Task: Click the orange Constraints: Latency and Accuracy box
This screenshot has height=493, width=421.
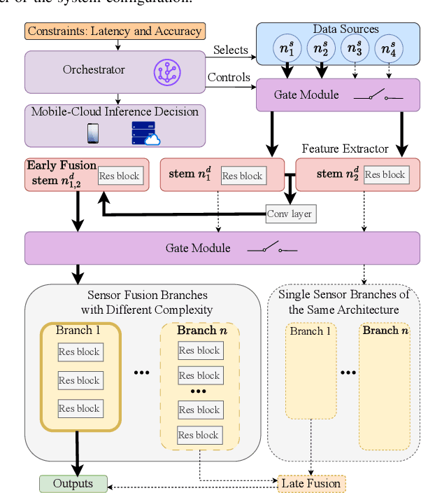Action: tap(115, 31)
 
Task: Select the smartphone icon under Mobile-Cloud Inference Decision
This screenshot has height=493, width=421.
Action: tap(92, 133)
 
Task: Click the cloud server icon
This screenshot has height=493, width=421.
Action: tap(145, 134)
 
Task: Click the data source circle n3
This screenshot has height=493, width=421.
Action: tap(355, 50)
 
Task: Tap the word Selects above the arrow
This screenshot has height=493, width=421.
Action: tap(231, 50)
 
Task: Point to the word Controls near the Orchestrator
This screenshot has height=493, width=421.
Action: tap(229, 77)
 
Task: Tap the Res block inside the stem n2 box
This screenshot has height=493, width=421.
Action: tap(384, 174)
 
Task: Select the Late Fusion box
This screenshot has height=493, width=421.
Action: tap(311, 483)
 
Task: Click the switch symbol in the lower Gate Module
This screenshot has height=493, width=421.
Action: tap(273, 248)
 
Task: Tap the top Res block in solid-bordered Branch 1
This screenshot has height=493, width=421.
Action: tap(79, 352)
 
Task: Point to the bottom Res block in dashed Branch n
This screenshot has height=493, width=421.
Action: tap(199, 435)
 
